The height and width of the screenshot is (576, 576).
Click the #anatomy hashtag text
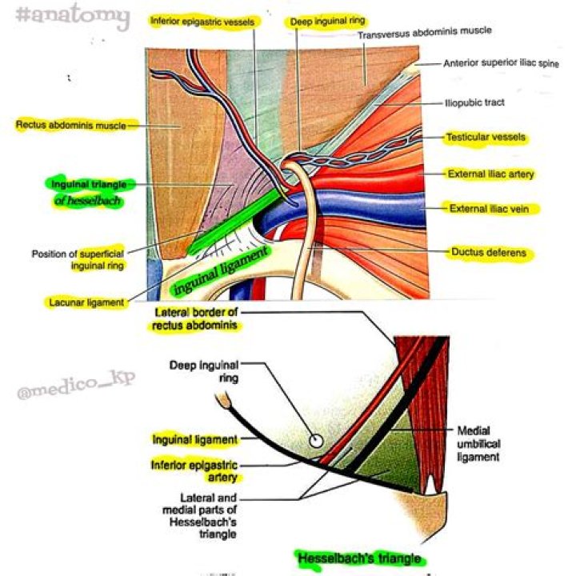(x=71, y=16)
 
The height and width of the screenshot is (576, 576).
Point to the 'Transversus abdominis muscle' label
(x=424, y=32)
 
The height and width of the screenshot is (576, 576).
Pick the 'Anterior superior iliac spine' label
(x=501, y=62)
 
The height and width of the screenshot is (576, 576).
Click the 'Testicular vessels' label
(x=486, y=138)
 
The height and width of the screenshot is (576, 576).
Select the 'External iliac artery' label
(x=490, y=173)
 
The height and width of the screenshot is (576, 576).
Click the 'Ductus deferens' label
(x=488, y=253)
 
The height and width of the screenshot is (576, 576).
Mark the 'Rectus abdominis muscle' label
(x=70, y=124)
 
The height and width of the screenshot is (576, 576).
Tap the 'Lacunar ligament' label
(x=85, y=302)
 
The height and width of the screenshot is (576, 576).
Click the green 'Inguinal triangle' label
(x=87, y=185)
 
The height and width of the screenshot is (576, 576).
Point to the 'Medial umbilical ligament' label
(x=478, y=443)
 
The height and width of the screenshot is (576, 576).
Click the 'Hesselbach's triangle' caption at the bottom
(x=358, y=558)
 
